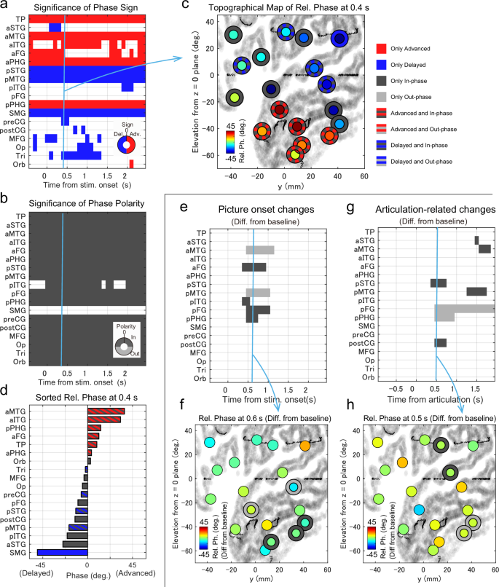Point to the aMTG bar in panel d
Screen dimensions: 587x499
[x=106, y=411]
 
